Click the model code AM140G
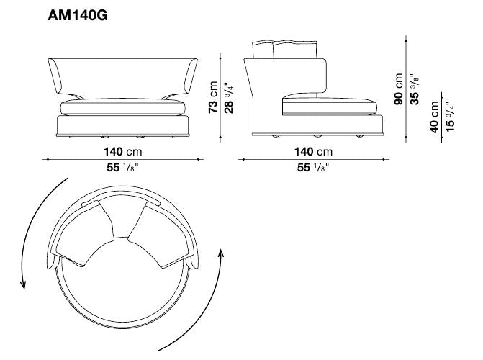[x=78, y=15]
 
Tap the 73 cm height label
[x=213, y=97]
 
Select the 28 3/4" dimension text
[x=229, y=97]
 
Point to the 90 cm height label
[x=399, y=89]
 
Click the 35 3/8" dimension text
[x=415, y=89]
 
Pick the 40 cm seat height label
[x=434, y=117]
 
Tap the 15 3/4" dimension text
[x=450, y=117]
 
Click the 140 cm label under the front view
[x=123, y=152]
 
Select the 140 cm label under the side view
[x=314, y=152]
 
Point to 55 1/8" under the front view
[x=122, y=167]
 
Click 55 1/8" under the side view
[x=313, y=167]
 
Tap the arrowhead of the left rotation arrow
[x=22, y=285]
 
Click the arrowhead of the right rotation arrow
[x=220, y=253]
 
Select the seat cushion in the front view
[x=123, y=107]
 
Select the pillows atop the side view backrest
[x=284, y=49]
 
